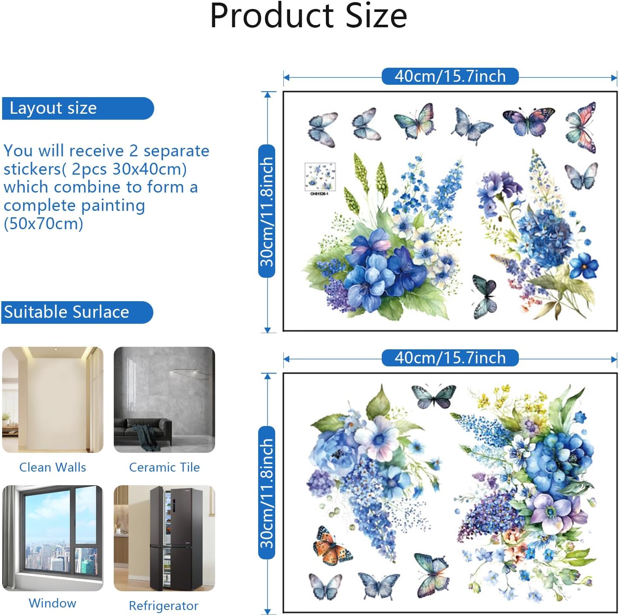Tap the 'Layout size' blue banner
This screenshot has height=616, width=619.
(78, 108)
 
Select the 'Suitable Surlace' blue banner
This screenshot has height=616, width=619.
(77, 312)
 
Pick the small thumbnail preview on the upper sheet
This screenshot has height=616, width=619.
(320, 177)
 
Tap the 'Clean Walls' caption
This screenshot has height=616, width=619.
(53, 467)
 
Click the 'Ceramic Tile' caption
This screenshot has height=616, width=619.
(164, 467)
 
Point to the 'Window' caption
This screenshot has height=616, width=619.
(52, 603)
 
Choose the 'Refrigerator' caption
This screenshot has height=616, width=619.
(164, 606)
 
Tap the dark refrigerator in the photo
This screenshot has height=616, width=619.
(176, 538)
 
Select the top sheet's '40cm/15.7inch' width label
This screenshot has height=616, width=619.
(450, 77)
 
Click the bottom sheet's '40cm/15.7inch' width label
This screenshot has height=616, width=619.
(450, 358)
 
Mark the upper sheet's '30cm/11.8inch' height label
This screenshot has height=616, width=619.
(267, 211)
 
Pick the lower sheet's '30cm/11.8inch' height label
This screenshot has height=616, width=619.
(267, 492)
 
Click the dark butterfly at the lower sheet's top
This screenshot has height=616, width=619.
(434, 396)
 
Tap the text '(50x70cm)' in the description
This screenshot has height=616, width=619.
(43, 223)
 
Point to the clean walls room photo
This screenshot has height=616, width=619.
(53, 400)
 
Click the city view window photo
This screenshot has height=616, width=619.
(53, 538)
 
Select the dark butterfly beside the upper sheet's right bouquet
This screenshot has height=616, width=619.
(485, 296)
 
